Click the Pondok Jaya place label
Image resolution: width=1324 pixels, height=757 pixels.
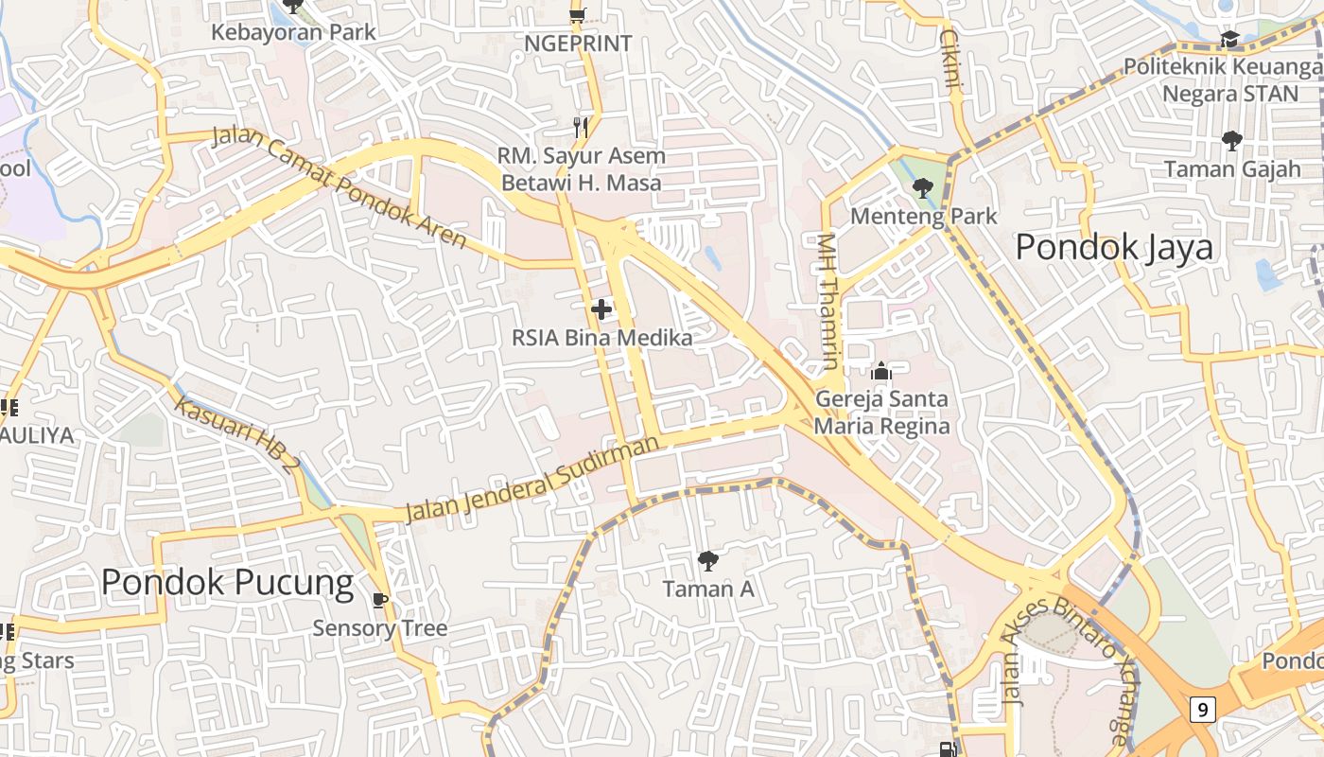[1114, 248]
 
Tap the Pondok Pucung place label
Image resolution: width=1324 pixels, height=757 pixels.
[227, 582]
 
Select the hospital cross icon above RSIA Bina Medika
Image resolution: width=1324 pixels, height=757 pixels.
[601, 309]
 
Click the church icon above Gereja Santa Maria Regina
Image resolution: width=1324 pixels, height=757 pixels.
[881, 371]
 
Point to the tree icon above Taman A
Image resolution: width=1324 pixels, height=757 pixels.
[707, 561]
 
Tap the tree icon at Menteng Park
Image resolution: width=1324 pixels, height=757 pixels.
[923, 188]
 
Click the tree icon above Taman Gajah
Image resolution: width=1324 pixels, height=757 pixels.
[1231, 141]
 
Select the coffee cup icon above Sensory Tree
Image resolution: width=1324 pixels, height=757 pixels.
[380, 600]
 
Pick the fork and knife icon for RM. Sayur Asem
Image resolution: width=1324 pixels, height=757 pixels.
[582, 127]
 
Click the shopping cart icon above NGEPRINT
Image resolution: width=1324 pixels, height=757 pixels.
[577, 14]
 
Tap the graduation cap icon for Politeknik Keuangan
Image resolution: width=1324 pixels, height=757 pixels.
[1229, 39]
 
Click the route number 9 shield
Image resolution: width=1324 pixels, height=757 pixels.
[1202, 709]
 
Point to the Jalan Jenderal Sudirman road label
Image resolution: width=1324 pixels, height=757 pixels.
[532, 480]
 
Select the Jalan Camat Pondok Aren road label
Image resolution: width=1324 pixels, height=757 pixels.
[340, 187]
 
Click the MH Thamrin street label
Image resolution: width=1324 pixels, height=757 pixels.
[828, 301]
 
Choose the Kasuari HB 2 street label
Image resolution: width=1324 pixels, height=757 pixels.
[237, 435]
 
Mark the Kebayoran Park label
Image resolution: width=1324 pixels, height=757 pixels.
[293, 32]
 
